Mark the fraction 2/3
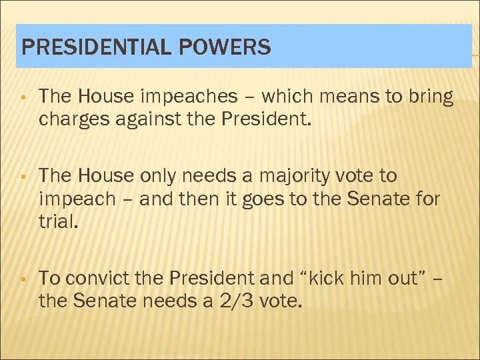point(235,301)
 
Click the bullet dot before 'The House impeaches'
point(23,99)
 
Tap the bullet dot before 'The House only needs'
point(23,177)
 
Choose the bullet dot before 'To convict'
point(23,279)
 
